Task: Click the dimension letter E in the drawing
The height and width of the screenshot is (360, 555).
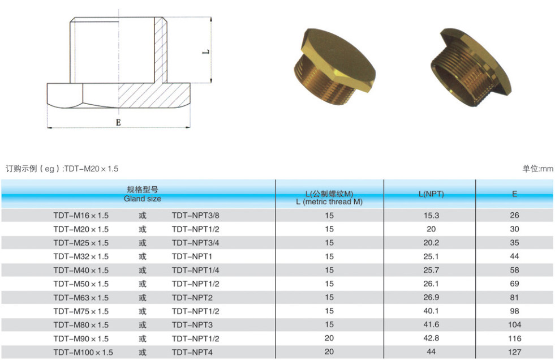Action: pos(118,122)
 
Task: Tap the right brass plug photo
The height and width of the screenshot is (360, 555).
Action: pos(471,67)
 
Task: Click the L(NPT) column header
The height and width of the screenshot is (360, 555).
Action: pos(431,194)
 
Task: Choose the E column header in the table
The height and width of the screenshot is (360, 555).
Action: pos(514,194)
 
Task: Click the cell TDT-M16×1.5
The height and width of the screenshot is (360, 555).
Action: pos(81,216)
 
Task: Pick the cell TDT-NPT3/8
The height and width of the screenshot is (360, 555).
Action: pos(195,216)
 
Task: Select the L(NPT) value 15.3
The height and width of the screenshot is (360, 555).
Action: pos(431,215)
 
